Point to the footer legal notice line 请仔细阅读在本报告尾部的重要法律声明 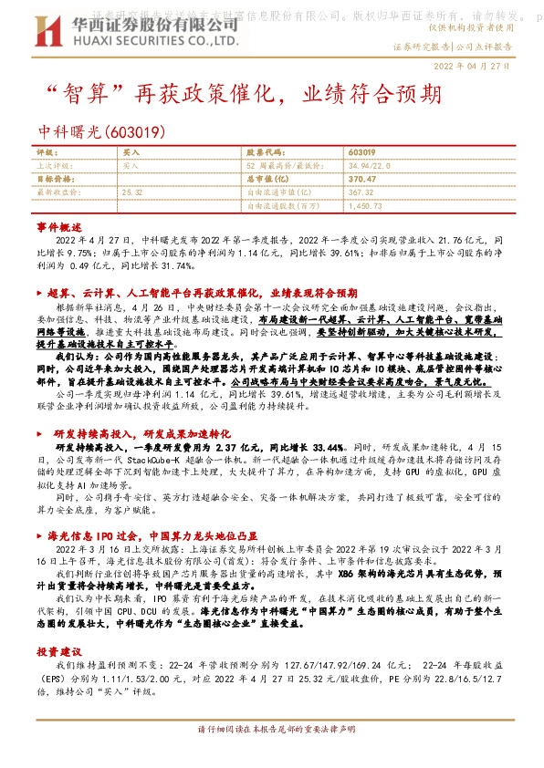271,756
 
